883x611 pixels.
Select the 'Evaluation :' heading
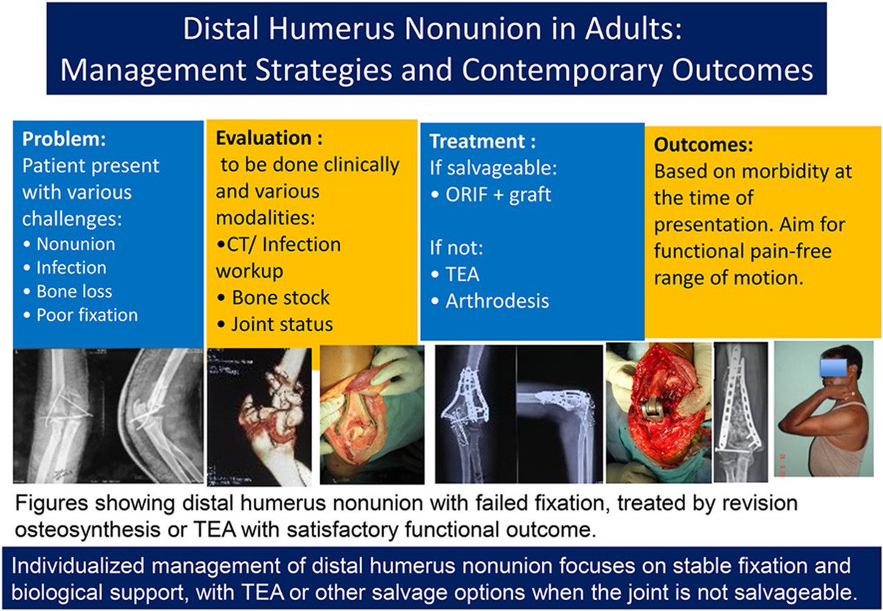pyautogui.click(x=268, y=138)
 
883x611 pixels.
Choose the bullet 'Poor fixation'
pyautogui.click(x=87, y=315)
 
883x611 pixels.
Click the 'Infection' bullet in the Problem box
pyautogui.click(x=71, y=267)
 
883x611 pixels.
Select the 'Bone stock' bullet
pyautogui.click(x=280, y=297)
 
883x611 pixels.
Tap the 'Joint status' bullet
pyautogui.click(x=282, y=323)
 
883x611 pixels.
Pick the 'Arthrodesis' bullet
pyautogui.click(x=497, y=301)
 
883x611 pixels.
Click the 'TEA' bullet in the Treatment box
pyautogui.click(x=462, y=275)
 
